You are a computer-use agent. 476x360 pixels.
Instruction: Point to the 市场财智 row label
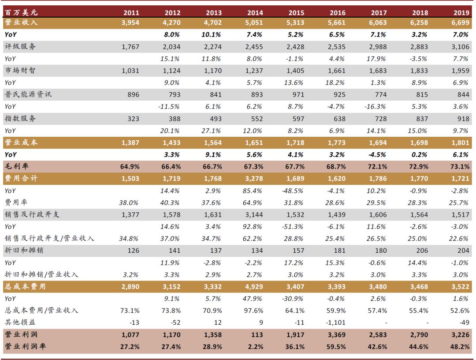20,71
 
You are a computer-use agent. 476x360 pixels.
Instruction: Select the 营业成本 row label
20,142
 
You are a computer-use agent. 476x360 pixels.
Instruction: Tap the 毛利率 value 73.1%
458,166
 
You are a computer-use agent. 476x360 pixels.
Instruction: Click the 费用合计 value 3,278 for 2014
254,179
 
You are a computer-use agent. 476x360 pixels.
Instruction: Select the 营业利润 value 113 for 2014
257,335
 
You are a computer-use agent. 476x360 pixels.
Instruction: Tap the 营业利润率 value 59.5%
336,347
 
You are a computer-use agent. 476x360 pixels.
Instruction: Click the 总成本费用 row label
24,286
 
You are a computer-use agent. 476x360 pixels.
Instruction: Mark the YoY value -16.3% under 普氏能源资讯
376,107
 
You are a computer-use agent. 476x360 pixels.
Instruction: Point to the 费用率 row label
16,202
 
